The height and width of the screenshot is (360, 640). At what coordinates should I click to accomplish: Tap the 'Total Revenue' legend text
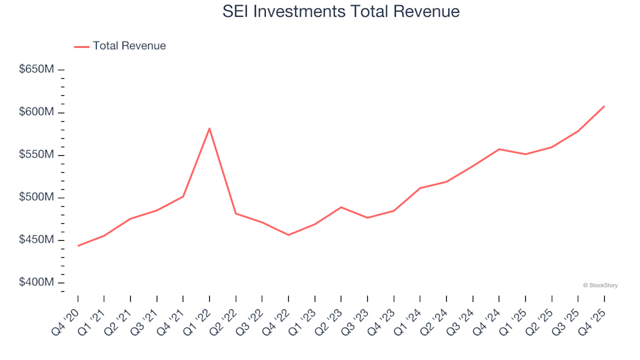[x=129, y=46]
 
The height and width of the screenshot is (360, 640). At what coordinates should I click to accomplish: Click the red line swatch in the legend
[x=81, y=46]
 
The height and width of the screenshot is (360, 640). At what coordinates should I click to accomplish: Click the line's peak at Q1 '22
[x=209, y=128]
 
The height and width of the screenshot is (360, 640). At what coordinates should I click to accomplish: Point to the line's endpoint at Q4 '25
[x=604, y=106]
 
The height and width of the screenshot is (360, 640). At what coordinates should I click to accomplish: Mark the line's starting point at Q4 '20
[x=78, y=246]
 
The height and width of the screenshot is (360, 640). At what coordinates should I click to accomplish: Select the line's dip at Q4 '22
[x=288, y=235]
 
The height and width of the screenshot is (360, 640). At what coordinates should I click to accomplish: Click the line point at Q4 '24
[x=499, y=149]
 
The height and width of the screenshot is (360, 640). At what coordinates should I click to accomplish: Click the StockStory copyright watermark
[x=600, y=285]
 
